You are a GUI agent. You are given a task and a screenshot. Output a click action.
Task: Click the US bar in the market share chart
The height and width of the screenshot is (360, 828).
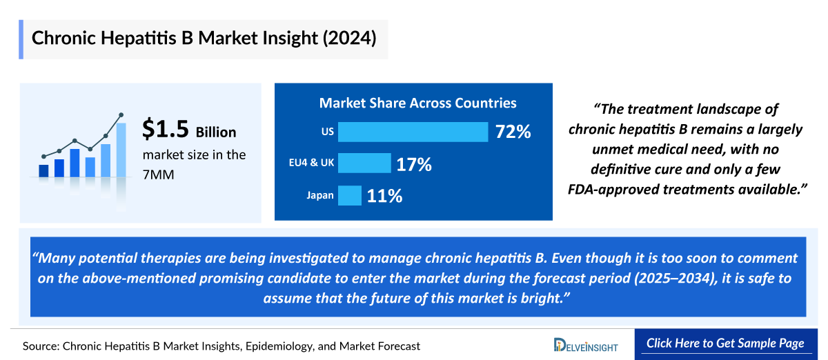[413, 132]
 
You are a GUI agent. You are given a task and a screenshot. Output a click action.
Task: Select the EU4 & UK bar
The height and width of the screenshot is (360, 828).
[364, 164]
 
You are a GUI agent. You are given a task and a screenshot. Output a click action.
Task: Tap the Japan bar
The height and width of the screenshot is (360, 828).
[350, 196]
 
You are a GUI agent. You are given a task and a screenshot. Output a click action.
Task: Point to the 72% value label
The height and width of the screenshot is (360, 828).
[513, 132]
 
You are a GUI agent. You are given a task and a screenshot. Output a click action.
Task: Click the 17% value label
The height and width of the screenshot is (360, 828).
[413, 164]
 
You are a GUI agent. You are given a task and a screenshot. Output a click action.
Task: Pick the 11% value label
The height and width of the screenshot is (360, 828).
[384, 196]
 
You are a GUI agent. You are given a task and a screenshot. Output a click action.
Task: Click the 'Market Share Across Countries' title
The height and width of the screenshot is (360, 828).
[417, 103]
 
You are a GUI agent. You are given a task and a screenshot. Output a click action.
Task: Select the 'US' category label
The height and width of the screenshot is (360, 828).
[327, 132]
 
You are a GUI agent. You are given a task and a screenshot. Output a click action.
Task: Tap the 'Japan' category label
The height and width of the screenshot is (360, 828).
[320, 196]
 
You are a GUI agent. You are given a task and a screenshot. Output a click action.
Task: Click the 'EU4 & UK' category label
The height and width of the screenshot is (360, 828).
[311, 164]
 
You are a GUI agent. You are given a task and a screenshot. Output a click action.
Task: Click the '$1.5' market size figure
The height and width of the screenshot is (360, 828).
[165, 129]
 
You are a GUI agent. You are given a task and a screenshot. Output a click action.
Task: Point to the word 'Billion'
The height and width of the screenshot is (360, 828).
[216, 132]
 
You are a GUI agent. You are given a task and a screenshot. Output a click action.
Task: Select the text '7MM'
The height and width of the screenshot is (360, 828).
[158, 175]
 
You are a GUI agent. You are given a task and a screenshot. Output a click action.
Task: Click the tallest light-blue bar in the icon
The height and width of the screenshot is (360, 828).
[121, 150]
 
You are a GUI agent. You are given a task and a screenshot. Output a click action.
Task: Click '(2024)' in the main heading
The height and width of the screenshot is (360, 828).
[348, 38]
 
